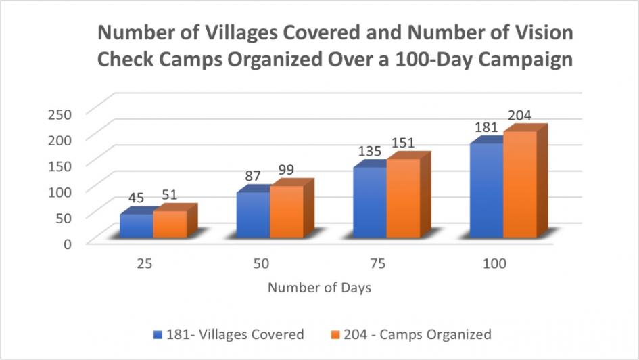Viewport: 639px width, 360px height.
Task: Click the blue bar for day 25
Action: click(x=136, y=227)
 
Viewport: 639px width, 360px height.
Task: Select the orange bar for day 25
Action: click(x=170, y=225)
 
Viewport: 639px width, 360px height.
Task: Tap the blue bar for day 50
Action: click(x=253, y=216)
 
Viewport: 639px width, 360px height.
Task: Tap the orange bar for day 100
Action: click(x=520, y=185)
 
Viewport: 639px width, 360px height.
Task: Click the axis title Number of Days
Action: click(x=319, y=288)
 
